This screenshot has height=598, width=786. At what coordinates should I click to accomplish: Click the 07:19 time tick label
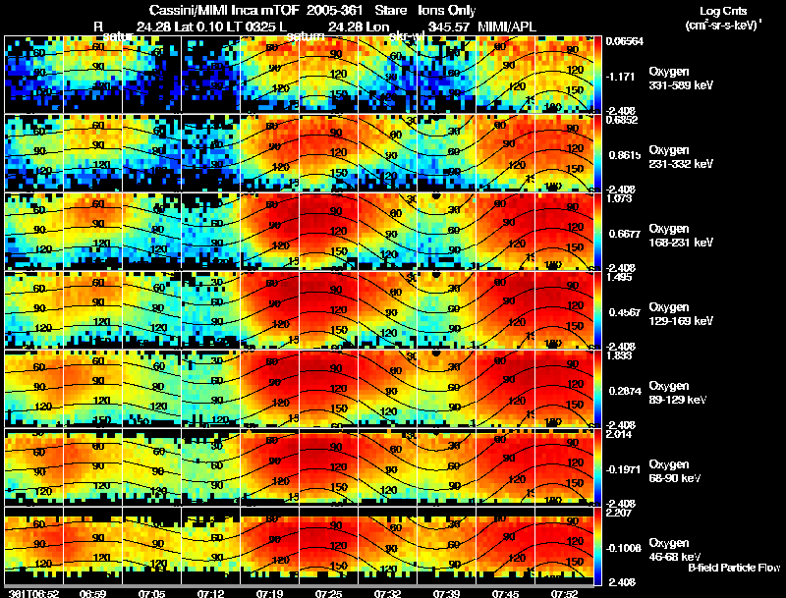pos(268,593)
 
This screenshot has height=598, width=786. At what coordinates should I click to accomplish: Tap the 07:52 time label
pos(563,593)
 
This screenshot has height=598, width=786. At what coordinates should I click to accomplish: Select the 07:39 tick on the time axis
pos(445,593)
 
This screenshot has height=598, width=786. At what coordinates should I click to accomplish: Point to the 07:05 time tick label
pos(150,593)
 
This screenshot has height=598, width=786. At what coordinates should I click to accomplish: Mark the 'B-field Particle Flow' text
pos(734,568)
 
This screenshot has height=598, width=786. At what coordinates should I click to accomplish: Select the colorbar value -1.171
pos(621,76)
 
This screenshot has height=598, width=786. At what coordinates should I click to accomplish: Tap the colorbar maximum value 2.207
pos(621,513)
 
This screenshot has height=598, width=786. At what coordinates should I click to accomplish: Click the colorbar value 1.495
pos(621,278)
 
